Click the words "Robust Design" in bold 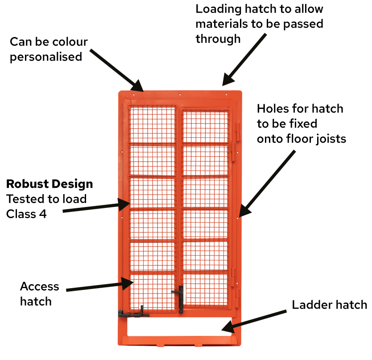pos(50,184)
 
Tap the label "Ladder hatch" pos(329,305)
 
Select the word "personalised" pos(46,57)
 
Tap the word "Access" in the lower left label pos(39,286)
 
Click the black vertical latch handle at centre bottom pos(181,298)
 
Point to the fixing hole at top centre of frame pos(180,95)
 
